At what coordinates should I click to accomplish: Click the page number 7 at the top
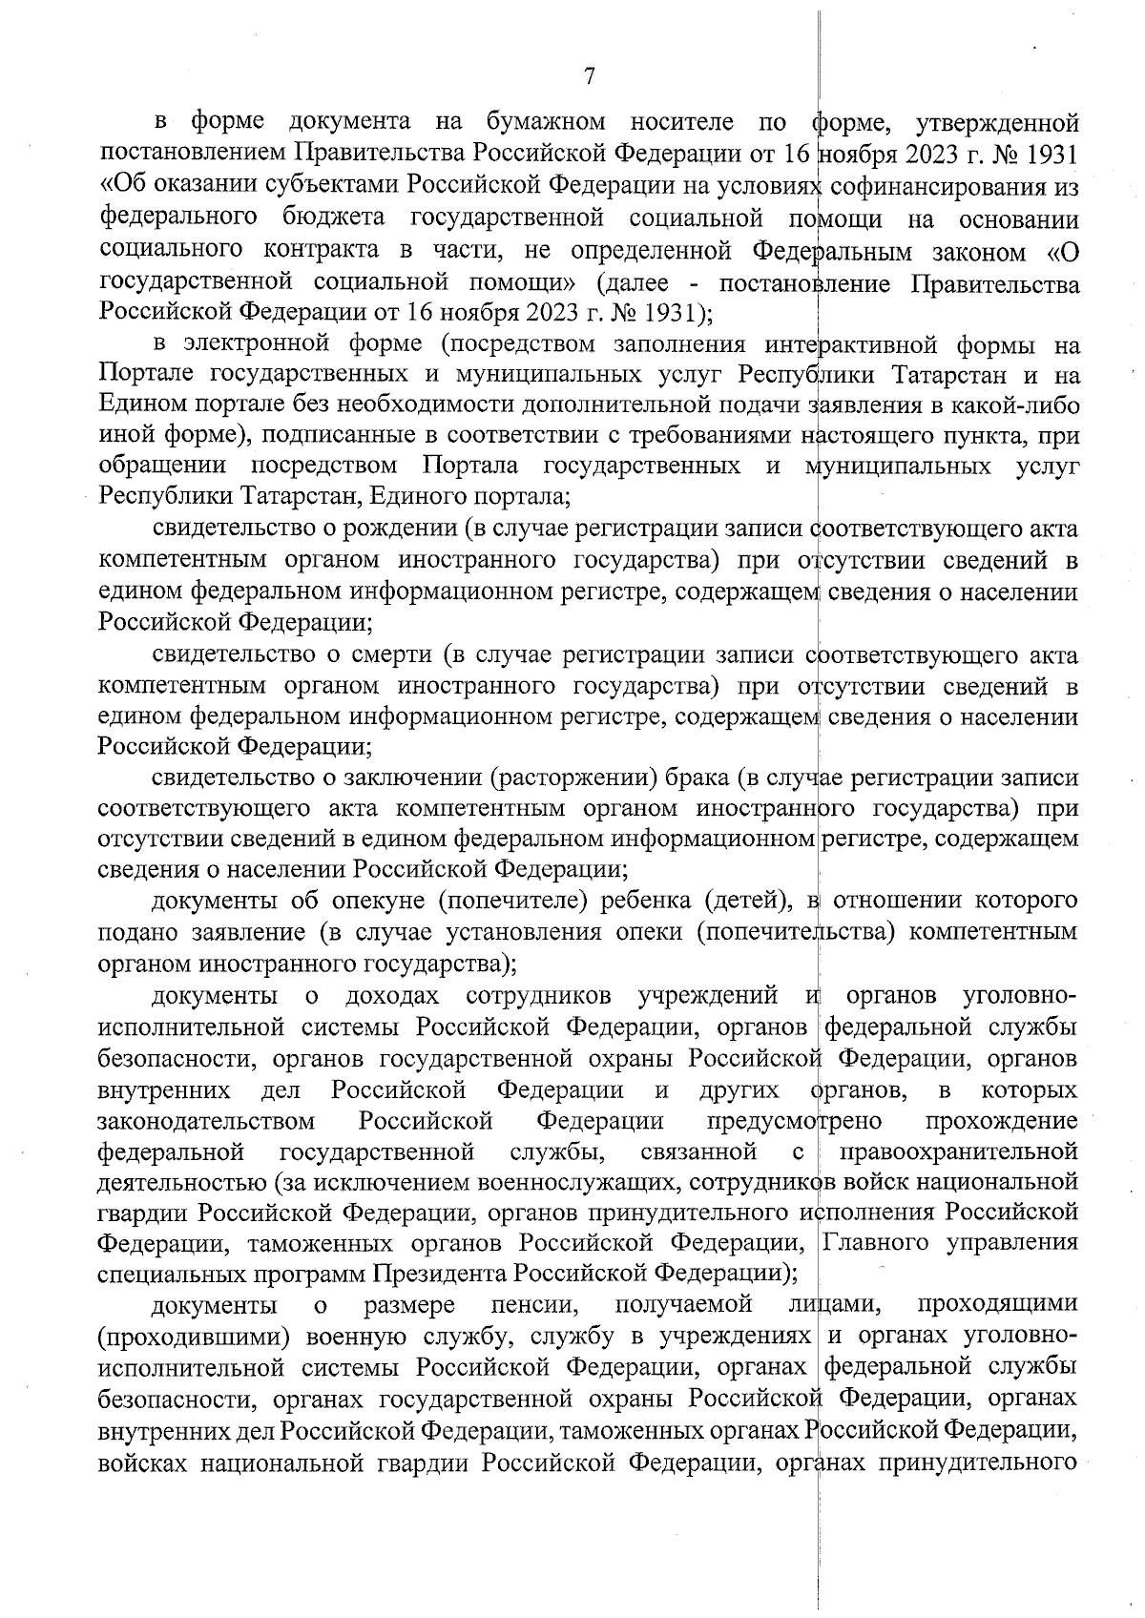coord(589,76)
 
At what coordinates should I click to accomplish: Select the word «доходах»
coord(393,997)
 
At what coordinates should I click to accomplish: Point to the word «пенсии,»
coord(535,1304)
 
